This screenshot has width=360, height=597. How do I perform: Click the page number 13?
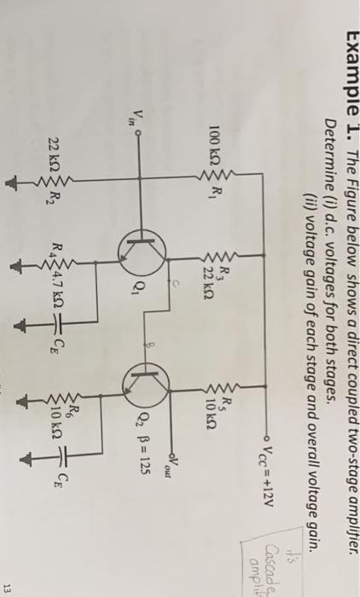[x=342, y=582]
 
